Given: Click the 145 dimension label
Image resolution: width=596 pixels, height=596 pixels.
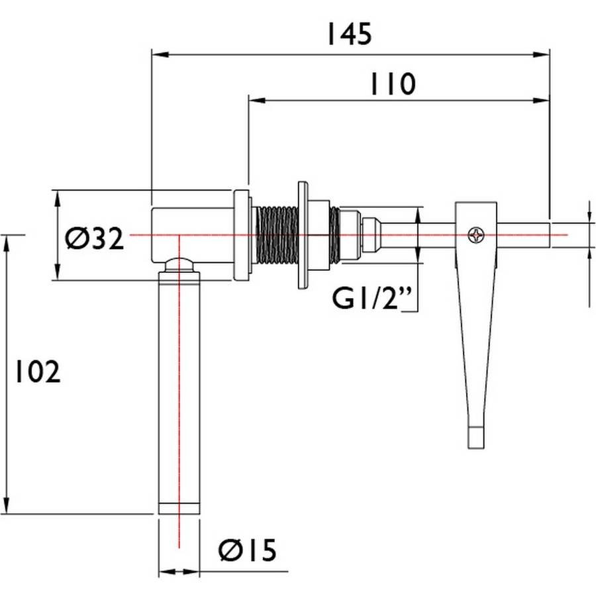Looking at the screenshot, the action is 349,34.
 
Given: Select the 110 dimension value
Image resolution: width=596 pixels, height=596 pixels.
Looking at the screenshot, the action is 393,84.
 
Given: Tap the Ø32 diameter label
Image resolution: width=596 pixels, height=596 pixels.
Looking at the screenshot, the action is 94,238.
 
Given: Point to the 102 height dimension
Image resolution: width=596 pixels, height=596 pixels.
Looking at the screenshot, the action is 37,372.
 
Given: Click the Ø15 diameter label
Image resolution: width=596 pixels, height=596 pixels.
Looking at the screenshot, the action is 248,550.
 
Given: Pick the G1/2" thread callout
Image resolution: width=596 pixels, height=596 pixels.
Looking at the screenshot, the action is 372,299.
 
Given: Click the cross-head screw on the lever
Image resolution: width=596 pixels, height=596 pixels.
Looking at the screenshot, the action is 476,235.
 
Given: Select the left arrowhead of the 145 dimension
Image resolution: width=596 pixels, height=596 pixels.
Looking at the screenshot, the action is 160,55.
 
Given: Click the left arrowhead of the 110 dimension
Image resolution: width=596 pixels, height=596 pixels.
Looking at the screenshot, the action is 257,101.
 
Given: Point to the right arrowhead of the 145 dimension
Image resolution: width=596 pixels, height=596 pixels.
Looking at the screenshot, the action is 541,55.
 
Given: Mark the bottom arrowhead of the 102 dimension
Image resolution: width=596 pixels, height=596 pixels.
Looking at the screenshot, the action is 7,505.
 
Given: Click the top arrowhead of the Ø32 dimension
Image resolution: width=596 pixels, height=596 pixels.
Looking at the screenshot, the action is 58,199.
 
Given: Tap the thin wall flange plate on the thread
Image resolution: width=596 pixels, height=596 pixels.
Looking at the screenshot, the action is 303,235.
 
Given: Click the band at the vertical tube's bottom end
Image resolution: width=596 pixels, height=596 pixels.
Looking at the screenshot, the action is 179,509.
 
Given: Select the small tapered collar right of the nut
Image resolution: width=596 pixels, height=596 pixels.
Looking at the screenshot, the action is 371,235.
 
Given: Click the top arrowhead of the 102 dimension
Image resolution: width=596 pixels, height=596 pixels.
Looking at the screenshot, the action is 7,244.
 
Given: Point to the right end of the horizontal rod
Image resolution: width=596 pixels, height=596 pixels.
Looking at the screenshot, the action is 550,235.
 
